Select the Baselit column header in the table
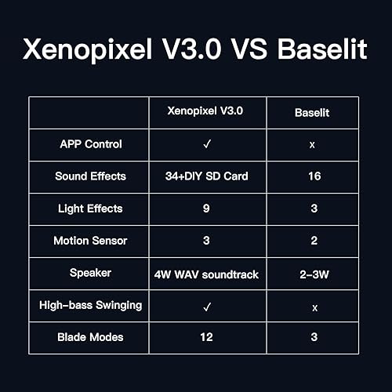click(313, 113)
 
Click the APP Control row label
click(91, 144)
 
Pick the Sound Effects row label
click(90, 176)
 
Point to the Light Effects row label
click(90, 209)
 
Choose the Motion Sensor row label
click(90, 241)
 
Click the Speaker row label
click(91, 273)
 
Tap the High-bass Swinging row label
click(90, 305)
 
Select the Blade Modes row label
click(90, 337)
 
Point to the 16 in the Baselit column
click(313, 177)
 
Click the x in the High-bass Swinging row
click(313, 306)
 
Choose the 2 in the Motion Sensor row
click(313, 241)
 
